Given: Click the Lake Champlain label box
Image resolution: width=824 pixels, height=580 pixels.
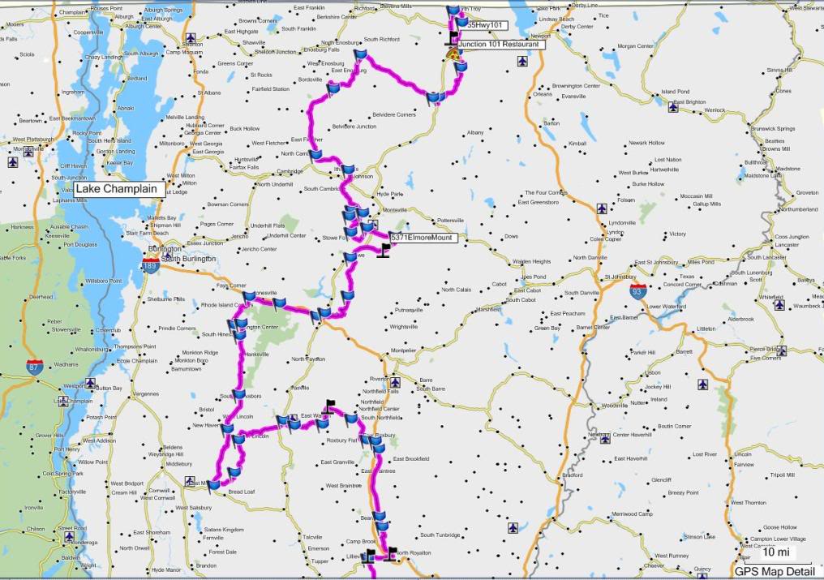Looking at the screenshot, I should click(x=120, y=189).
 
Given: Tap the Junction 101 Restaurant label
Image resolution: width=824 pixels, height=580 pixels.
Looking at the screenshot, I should click(x=499, y=45).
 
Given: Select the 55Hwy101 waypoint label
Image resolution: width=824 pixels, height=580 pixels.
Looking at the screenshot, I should click(x=487, y=26).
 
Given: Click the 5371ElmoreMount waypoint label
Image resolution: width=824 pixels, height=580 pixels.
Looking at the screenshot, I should click(x=422, y=238).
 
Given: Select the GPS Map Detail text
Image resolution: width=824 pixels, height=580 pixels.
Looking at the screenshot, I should click(x=775, y=571).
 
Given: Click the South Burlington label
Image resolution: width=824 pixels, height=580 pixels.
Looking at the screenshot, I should click(x=188, y=259).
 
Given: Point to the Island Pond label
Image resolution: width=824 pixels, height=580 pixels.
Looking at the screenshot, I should click(x=676, y=92).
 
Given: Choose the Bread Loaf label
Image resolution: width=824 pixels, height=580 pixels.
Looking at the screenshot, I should click(x=242, y=492).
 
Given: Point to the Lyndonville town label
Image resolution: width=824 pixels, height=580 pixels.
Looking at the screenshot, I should click(x=622, y=222).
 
